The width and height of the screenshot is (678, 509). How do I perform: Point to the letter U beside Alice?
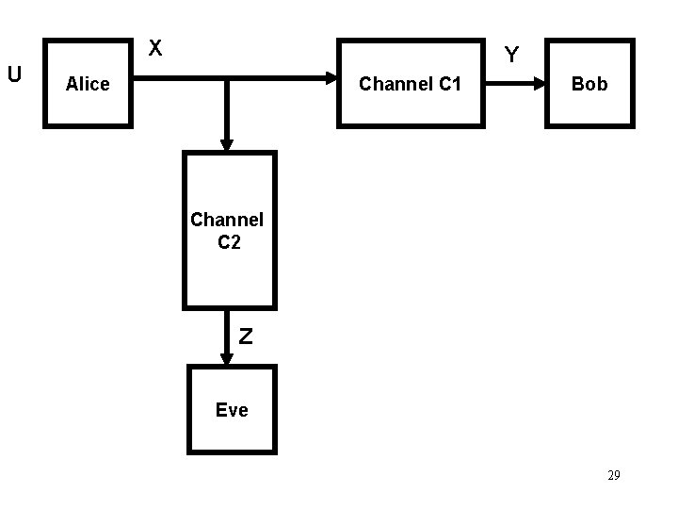[14, 74]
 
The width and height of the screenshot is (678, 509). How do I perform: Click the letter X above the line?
[155, 48]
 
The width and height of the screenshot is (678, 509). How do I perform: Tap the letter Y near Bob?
[511, 55]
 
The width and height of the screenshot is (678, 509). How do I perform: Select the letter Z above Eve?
[246, 337]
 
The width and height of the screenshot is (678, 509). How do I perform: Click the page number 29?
[614, 475]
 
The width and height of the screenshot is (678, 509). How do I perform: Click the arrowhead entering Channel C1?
[331, 78]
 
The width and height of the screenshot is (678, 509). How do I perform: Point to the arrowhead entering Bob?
[540, 83]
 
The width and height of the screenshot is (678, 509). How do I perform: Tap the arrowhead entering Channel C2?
[227, 144]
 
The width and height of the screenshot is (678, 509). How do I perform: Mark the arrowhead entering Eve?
[227, 358]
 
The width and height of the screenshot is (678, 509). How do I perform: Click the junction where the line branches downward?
[227, 78]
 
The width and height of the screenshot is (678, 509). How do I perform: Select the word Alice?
[88, 84]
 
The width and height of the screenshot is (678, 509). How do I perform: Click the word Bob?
[589, 84]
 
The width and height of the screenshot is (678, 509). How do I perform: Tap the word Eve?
[233, 410]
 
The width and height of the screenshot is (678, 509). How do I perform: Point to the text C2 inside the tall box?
[229, 242]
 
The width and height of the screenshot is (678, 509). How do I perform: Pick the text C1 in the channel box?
[450, 84]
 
